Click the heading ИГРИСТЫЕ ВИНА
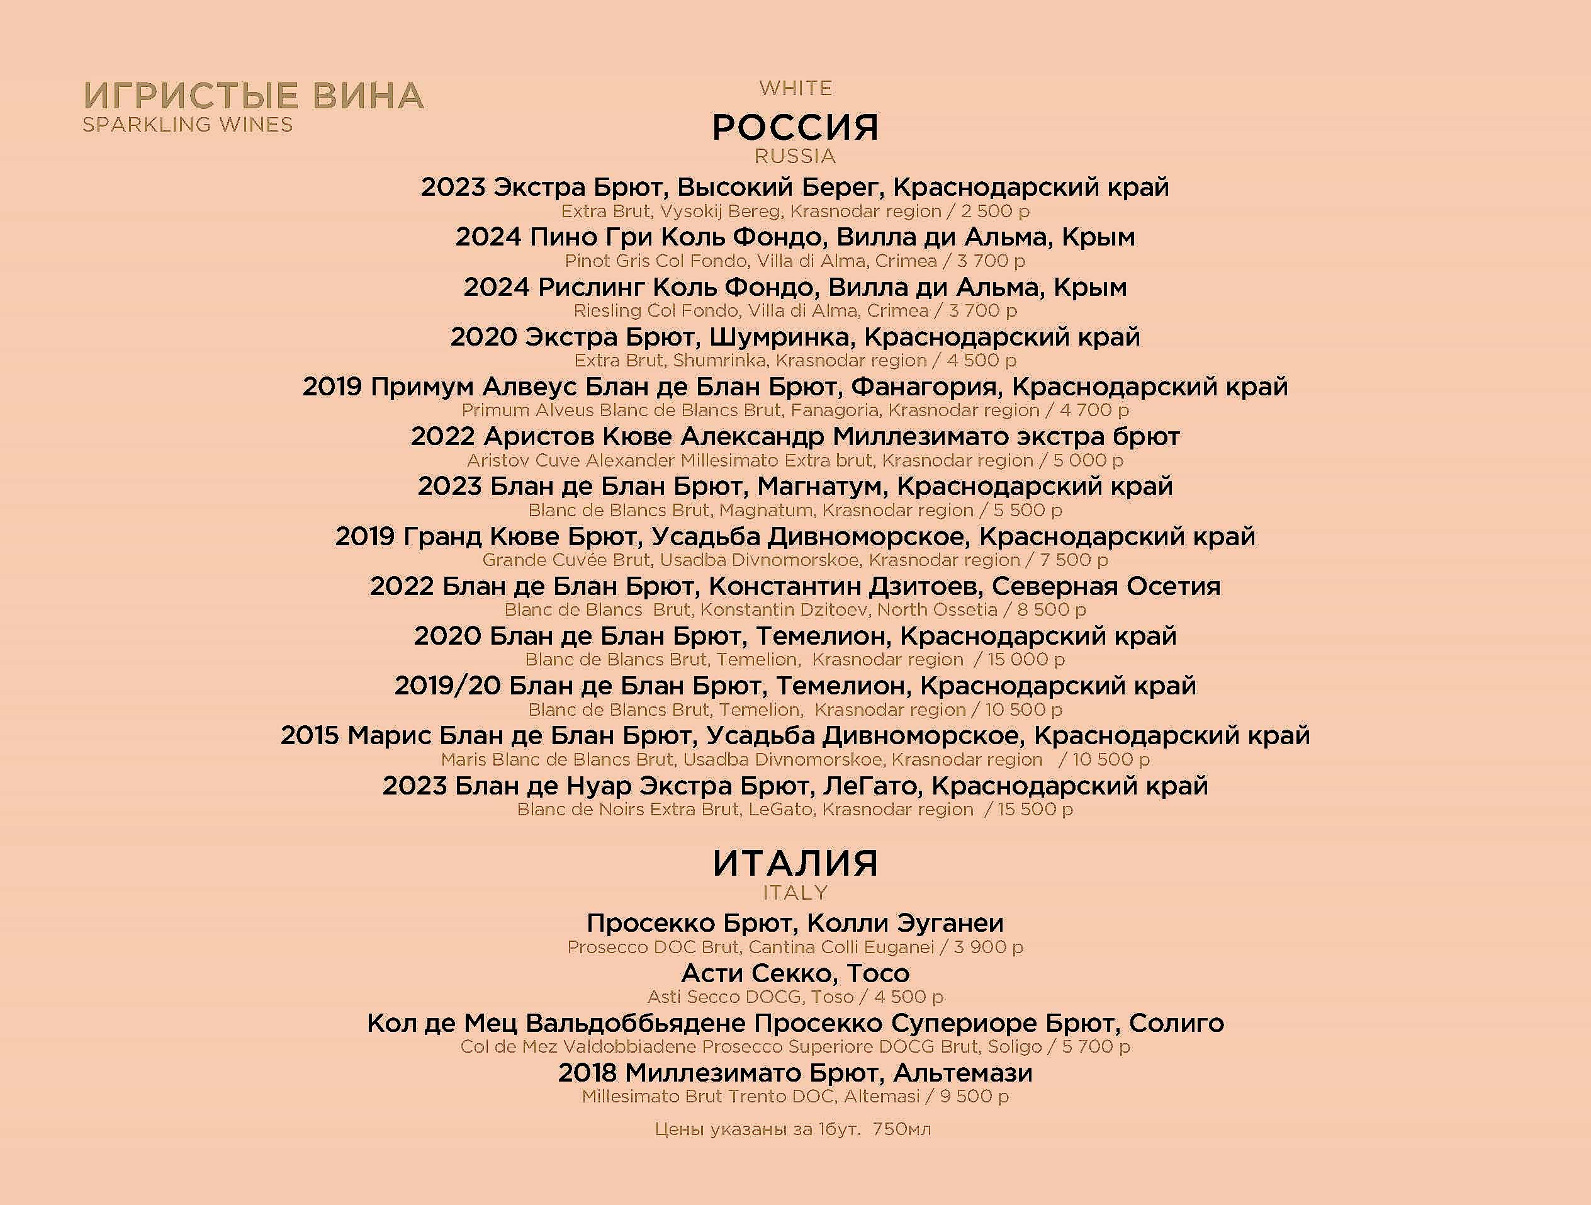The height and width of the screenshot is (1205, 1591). pos(253,96)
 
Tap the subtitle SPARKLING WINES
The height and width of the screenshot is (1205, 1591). pos(188,125)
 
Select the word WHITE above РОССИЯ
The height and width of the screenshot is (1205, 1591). pos(795,89)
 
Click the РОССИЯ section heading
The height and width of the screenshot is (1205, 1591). pos(795,128)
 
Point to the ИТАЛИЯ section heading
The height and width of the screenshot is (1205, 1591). pos(795,863)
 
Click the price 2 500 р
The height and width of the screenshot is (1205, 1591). pos(996,212)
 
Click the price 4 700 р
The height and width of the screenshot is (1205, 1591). pos(1094,410)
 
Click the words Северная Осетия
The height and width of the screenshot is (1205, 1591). pos(1106,586)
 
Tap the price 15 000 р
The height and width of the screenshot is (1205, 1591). pos(1026,660)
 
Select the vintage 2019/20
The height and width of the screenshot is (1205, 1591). pos(447,686)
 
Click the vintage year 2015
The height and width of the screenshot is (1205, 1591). pos(309,736)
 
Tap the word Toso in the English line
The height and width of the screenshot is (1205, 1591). pos(832,997)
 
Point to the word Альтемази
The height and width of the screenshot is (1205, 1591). pos(963,1073)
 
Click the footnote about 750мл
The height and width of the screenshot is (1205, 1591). pos(792,1129)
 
